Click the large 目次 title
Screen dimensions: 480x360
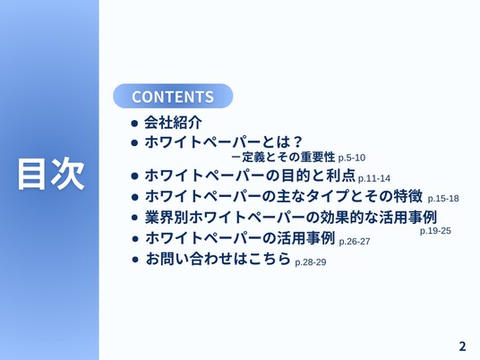tap(51, 174)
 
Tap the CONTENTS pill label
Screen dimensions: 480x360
tap(173, 97)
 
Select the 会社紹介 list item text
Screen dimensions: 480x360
tap(173, 123)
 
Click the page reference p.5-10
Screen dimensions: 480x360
tap(352, 158)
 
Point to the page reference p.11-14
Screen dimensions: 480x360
tap(374, 178)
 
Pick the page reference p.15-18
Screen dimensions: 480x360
tap(443, 199)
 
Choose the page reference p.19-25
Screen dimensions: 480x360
tap(435, 231)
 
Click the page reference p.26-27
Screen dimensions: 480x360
tap(355, 242)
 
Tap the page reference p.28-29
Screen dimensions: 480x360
tap(311, 262)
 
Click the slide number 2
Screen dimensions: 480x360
tap(462, 347)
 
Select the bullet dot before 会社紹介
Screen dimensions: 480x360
tap(134, 124)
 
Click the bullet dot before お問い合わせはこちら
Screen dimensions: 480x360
tap(135, 260)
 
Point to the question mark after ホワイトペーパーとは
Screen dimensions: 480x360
tap(296, 142)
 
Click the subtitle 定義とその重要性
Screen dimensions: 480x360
tap(288, 158)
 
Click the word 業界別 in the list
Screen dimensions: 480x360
tap(167, 218)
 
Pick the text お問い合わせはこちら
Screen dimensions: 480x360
tap(218, 259)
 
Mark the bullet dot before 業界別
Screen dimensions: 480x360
tap(134, 218)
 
